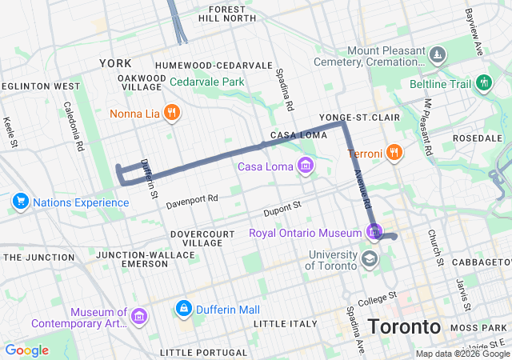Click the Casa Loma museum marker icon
click(305, 166)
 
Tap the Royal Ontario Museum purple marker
click(374, 233)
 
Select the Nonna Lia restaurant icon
click(170, 114)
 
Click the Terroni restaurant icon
click(394, 152)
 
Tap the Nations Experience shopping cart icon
click(20, 202)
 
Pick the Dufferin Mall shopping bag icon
click(184, 308)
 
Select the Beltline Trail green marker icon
click(483, 82)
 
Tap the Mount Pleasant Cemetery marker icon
click(437, 55)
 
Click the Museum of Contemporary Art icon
click(139, 318)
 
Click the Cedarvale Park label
click(206, 82)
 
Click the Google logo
click(26, 350)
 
